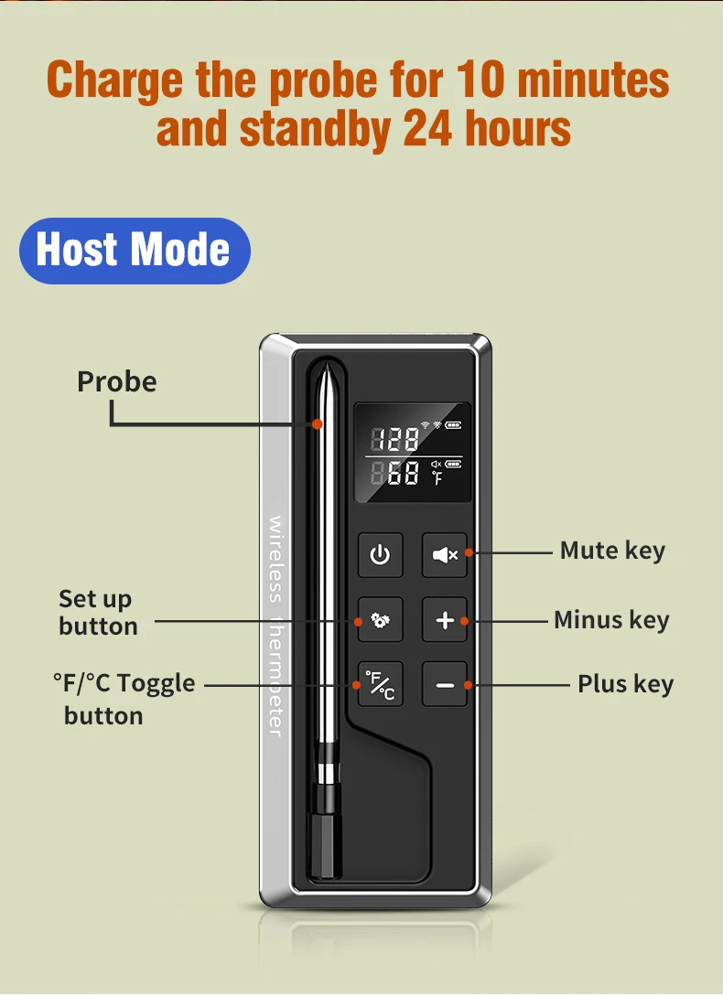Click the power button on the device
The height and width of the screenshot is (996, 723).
tap(380, 554)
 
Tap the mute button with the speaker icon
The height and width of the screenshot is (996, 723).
tap(445, 554)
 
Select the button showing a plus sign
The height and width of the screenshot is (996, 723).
tap(445, 619)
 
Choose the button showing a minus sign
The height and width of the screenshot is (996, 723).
tap(445, 684)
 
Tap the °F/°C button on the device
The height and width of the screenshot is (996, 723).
tap(380, 684)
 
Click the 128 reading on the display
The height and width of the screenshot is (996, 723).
tap(394, 439)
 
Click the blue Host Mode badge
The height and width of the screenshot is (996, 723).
tap(135, 251)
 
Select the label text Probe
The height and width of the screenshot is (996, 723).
tap(117, 381)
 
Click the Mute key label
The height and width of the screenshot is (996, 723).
tap(612, 550)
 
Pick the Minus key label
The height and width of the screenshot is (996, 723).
tap(611, 619)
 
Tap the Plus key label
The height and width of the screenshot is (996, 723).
tap(626, 684)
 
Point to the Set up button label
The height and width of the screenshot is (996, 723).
tap(99, 613)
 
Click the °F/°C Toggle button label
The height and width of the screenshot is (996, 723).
tap(124, 700)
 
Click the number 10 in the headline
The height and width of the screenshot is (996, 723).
tap(480, 80)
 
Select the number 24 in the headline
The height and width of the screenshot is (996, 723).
tap(427, 129)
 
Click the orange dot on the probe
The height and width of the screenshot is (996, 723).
tap(318, 423)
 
